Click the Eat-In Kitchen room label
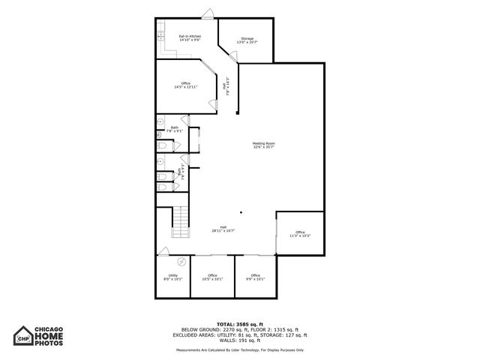coord(189,38)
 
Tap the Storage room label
coord(247,40)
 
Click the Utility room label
coord(172,277)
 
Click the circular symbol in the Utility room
coord(181,262)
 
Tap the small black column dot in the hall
coord(241,212)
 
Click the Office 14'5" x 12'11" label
coord(185,85)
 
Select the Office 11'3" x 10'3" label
coord(300,234)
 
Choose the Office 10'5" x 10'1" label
coord(212,277)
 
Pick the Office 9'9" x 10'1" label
coord(256,277)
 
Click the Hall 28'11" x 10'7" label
coord(223,229)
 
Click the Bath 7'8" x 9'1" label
coord(174,130)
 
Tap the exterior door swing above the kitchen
coord(208,13)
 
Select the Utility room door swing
coord(163,251)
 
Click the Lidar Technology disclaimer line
coord(240,349)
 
